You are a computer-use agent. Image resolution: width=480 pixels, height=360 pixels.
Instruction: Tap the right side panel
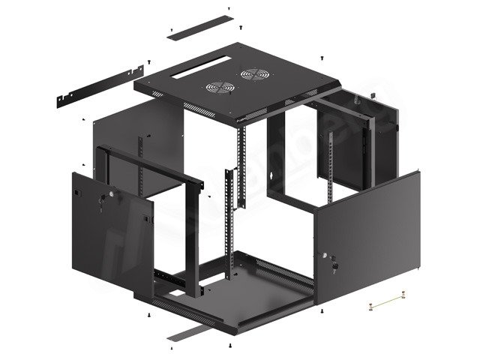[x=367, y=240]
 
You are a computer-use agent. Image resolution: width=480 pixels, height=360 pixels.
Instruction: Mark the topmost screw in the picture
[x=227, y=10]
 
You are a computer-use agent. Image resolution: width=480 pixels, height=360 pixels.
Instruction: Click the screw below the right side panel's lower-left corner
[x=321, y=310]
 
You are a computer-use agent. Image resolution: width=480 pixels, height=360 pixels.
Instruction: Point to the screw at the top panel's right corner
[x=322, y=58]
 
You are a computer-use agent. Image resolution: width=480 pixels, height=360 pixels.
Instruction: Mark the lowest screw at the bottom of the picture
[x=229, y=346]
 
